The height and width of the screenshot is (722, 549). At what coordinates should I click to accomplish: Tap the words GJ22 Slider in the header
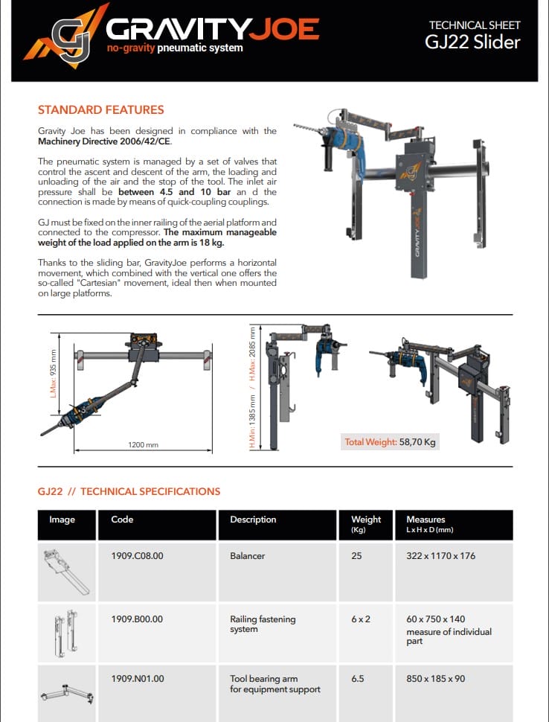click(472, 42)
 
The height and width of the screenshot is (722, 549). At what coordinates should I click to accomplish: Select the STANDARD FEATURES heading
click(100, 110)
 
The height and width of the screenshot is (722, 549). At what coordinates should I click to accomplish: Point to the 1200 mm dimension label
click(144, 445)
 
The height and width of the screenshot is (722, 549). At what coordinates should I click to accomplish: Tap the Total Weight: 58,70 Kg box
click(390, 442)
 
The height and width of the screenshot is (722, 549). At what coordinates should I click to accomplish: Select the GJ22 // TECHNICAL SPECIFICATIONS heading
click(129, 491)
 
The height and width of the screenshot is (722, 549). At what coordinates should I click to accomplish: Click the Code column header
click(121, 520)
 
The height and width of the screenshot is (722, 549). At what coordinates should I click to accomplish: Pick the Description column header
click(253, 520)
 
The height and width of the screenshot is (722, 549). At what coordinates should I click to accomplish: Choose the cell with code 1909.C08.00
click(137, 556)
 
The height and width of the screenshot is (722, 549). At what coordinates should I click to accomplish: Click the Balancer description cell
click(247, 556)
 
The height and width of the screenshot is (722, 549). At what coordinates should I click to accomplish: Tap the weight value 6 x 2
click(361, 619)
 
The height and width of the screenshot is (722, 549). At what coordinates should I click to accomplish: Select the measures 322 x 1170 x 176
click(440, 556)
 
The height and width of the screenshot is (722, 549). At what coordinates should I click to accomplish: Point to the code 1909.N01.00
click(138, 679)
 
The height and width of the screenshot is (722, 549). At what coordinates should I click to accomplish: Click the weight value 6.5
click(357, 679)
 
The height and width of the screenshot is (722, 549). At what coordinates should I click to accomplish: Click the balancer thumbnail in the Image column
click(66, 572)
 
